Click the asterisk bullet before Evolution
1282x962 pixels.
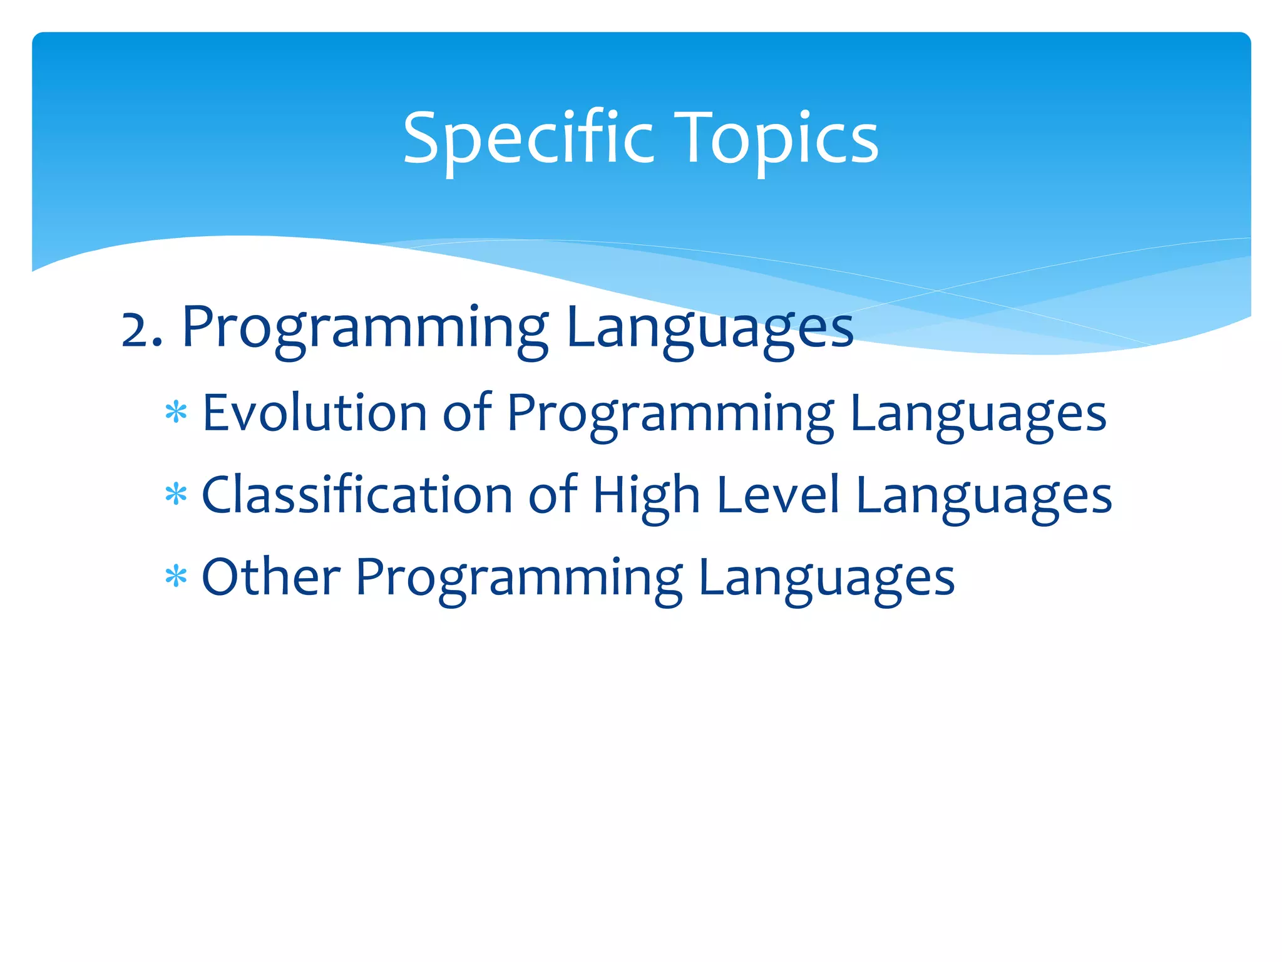176,413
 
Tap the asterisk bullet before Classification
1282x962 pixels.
176,495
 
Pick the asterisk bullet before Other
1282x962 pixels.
176,577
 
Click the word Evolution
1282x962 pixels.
315,413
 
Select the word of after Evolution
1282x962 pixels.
467,413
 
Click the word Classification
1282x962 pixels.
357,495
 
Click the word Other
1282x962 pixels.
270,577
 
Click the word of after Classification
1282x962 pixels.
552,495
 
